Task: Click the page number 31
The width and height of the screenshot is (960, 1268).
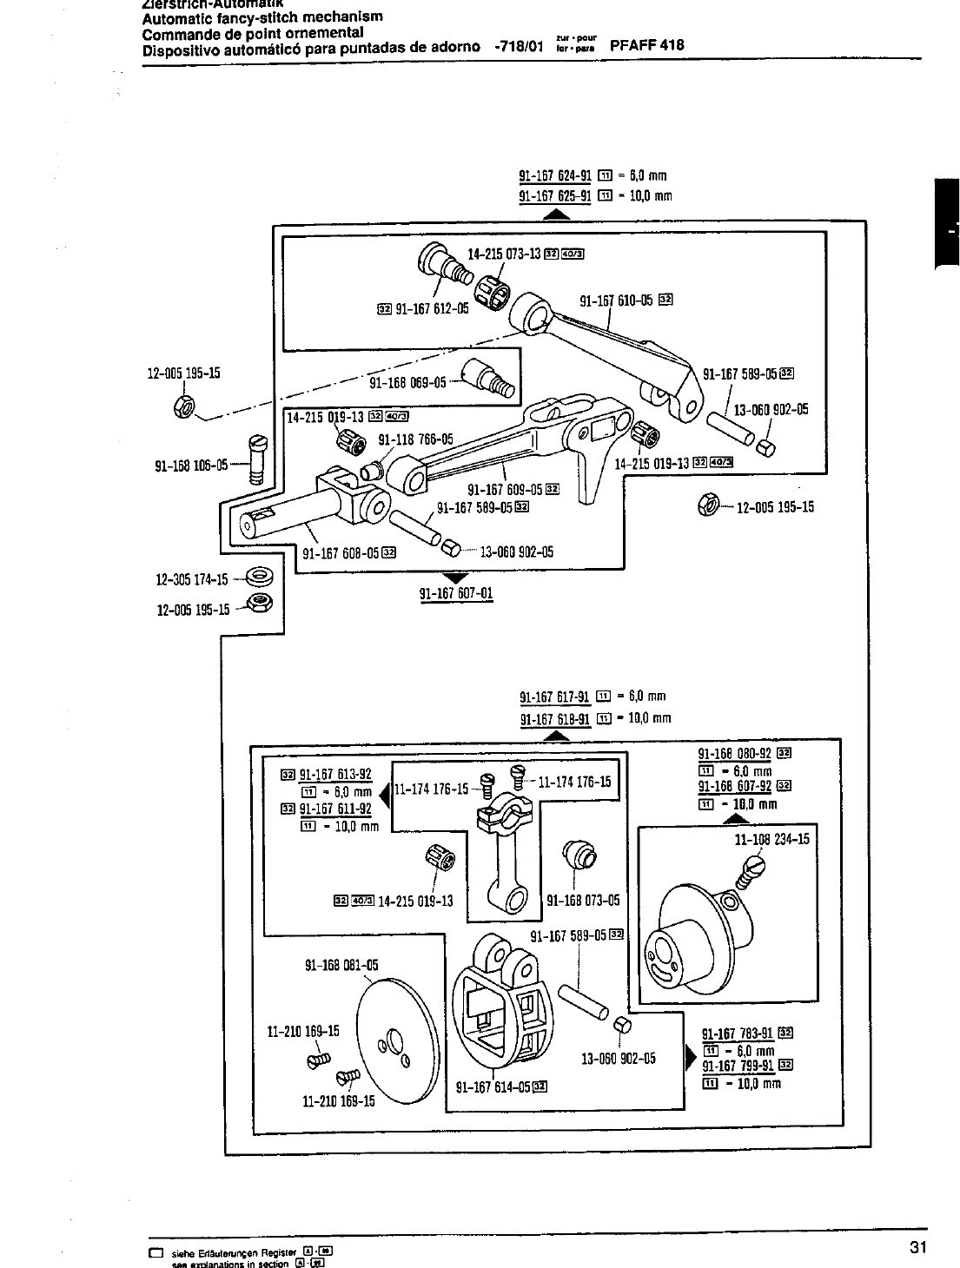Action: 919,1248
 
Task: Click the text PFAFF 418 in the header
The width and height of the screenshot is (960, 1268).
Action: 647,46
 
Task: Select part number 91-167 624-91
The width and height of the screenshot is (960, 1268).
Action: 555,175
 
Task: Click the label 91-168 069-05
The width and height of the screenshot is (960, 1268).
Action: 407,382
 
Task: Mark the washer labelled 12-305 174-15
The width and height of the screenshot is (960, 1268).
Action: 259,576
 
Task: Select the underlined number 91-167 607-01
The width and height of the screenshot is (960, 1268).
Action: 456,594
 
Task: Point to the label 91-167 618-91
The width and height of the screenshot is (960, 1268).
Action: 555,718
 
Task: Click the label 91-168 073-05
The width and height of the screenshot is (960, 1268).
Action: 583,901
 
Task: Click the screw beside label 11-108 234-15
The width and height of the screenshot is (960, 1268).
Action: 748,872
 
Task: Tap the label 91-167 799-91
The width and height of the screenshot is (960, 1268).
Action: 738,1067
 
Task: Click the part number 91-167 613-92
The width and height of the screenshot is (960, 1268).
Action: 335,776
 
